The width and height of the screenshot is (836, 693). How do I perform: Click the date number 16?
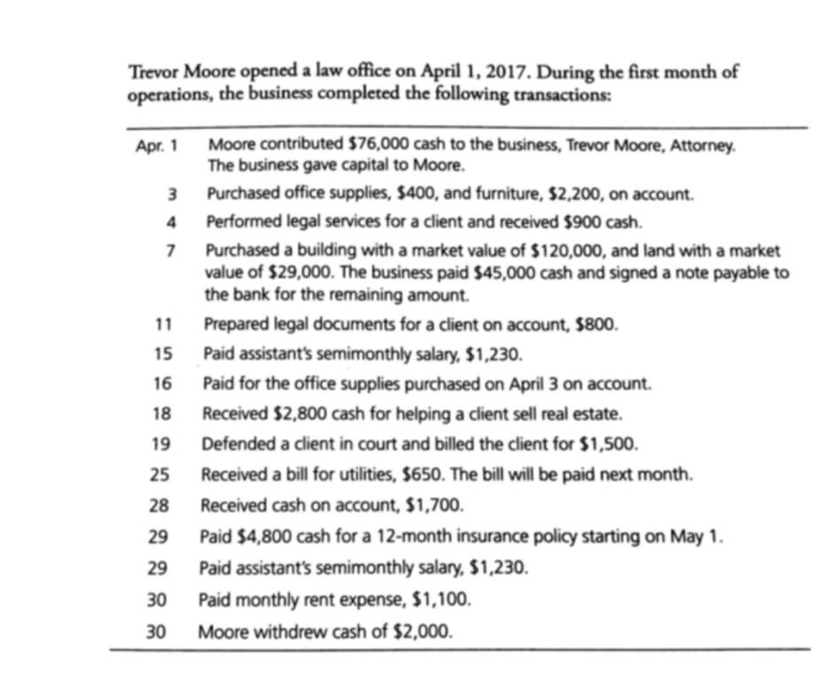pos(160,384)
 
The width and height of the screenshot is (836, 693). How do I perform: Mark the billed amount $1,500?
pos(613,443)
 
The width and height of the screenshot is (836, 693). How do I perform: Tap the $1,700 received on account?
pos(433,505)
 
